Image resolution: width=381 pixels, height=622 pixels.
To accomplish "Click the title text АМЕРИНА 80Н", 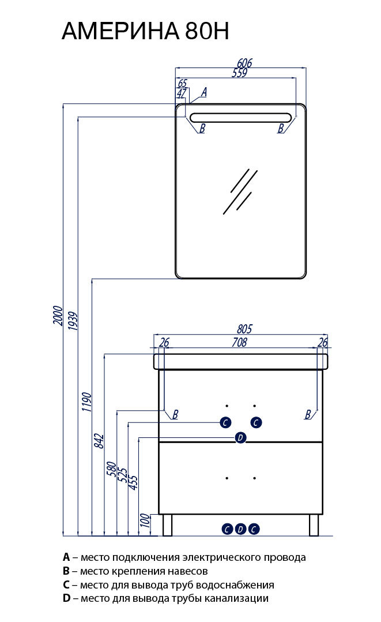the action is pyautogui.click(x=145, y=31).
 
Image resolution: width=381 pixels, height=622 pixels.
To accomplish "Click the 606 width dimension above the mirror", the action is pyautogui.click(x=244, y=63).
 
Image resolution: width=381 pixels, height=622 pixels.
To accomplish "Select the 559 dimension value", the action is pyautogui.click(x=239, y=73).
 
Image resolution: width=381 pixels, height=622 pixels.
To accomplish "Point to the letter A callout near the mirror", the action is pyautogui.click(x=204, y=92).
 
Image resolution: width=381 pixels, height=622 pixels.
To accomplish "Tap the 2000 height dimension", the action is pyautogui.click(x=58, y=316).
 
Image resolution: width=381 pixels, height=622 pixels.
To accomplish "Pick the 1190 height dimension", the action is pyautogui.click(x=87, y=402).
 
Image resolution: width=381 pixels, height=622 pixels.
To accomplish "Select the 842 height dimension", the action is pyautogui.click(x=99, y=441).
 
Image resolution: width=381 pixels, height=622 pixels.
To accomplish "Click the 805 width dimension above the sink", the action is pyautogui.click(x=244, y=329).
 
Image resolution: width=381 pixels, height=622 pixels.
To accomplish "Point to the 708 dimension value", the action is pyautogui.click(x=239, y=342).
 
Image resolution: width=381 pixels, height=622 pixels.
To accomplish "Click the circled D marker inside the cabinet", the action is pyautogui.click(x=240, y=438).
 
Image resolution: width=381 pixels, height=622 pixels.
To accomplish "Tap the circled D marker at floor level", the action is pyautogui.click(x=240, y=529).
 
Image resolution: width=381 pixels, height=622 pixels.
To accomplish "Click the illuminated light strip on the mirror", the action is pyautogui.click(x=241, y=118).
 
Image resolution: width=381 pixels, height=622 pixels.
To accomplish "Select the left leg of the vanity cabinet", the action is pyautogui.click(x=167, y=525).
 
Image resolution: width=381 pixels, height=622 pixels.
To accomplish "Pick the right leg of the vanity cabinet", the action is pyautogui.click(x=314, y=525).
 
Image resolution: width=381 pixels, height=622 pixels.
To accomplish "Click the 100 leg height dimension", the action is pyautogui.click(x=145, y=520).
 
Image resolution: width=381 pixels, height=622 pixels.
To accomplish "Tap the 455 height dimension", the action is pyautogui.click(x=134, y=483).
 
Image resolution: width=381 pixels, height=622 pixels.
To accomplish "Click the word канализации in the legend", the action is pyautogui.click(x=236, y=598).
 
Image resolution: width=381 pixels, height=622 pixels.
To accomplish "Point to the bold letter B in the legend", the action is pyautogui.click(x=66, y=571).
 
